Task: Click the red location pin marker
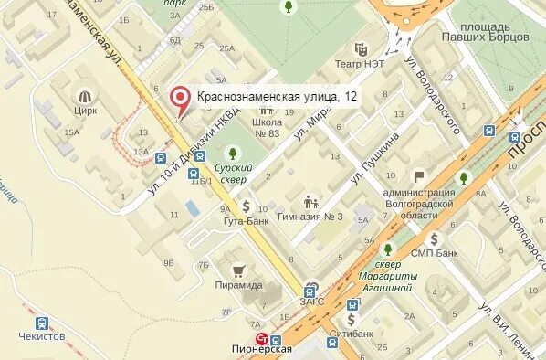[182, 98]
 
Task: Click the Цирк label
[86, 111]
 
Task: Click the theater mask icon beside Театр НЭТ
[362, 48]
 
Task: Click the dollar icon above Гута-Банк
[245, 206]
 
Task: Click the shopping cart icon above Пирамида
[239, 270]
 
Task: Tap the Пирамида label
[239, 285]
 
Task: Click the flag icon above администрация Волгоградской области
[419, 176]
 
